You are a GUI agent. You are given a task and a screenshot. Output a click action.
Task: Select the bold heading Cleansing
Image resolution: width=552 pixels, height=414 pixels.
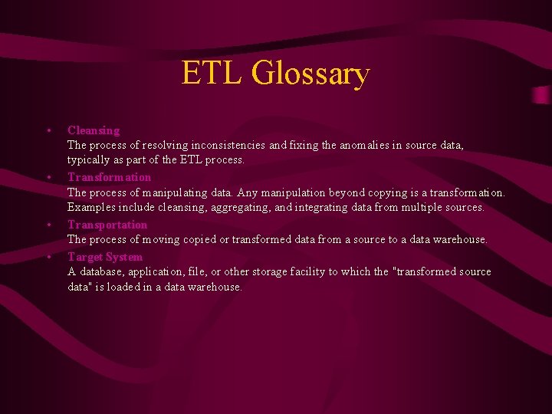tap(94, 130)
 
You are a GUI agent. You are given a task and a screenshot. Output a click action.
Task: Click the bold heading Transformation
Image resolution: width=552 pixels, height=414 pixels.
tap(109, 177)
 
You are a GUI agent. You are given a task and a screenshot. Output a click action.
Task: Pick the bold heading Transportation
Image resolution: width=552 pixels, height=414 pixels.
tap(107, 225)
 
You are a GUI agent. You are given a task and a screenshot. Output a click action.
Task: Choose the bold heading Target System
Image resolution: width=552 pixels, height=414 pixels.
tap(105, 257)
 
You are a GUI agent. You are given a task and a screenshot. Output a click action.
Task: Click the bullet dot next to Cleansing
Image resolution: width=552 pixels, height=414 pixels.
tap(48, 130)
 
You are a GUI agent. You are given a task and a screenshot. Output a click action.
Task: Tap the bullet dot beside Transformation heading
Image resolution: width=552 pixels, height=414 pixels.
tap(48, 177)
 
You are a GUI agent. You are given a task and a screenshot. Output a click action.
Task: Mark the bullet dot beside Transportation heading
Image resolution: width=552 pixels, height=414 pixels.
tap(48, 225)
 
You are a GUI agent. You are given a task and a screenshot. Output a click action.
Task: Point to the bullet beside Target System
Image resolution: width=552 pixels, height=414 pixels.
tap(48, 257)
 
